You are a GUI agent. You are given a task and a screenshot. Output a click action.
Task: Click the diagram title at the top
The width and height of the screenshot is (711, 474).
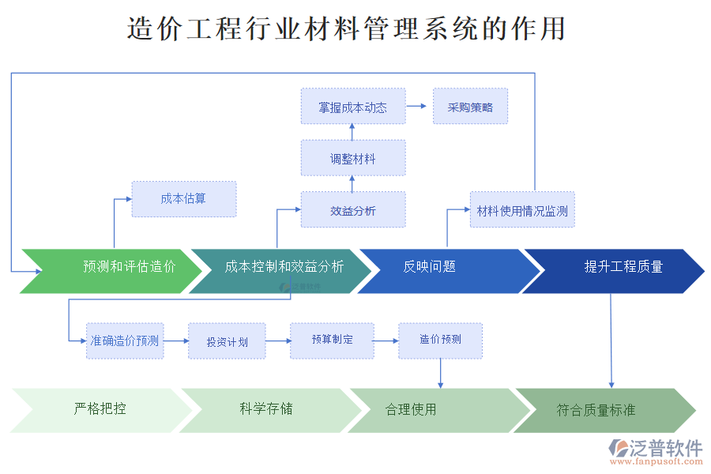[x=346, y=28]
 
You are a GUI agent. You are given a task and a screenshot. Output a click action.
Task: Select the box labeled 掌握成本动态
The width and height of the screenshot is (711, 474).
[x=352, y=107]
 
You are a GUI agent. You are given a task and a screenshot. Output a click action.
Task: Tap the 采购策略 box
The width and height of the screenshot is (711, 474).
[x=470, y=107]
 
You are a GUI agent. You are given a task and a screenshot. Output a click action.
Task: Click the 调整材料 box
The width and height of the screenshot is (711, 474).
[x=352, y=158]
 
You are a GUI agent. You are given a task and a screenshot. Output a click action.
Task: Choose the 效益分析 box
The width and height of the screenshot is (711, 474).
[x=352, y=210]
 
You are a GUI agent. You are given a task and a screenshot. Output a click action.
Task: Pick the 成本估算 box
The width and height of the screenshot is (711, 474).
[x=183, y=199]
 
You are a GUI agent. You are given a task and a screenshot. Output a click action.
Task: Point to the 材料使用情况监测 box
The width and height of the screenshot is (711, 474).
[x=522, y=210]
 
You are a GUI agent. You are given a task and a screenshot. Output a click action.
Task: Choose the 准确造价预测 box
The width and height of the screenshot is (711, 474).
[x=125, y=341]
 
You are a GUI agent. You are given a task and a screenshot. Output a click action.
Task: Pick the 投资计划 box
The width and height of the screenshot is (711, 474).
[x=227, y=341]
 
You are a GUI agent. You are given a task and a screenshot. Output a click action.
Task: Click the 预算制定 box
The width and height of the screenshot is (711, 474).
[x=332, y=340]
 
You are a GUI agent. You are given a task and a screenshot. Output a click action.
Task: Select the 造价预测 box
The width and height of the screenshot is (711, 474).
[x=440, y=340]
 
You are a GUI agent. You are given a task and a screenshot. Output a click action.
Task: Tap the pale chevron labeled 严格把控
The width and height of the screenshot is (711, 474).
[x=100, y=410]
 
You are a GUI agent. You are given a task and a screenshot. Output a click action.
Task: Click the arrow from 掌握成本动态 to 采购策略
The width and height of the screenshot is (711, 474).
[x=419, y=107]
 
